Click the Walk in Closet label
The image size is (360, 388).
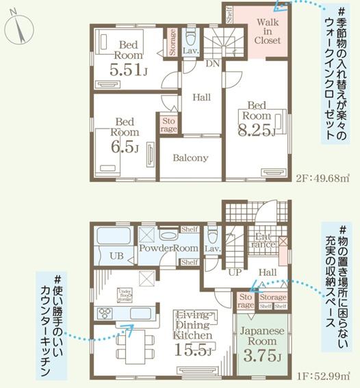coord(268,31)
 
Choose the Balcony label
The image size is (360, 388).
coord(190,158)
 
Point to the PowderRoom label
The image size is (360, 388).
coord(168,248)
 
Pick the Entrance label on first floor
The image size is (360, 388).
coord(264,241)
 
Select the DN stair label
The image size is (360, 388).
coord(213,63)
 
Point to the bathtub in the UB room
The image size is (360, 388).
coord(114,238)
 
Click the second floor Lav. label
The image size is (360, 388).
coord(190,50)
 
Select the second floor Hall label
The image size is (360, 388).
coord(201,98)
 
